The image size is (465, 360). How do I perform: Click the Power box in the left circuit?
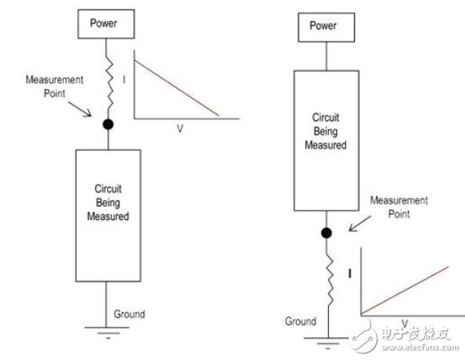[105, 24]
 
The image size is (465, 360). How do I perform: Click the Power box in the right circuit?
[323, 25]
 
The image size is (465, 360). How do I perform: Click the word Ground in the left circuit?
[130, 314]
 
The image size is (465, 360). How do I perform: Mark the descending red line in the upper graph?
[176, 86]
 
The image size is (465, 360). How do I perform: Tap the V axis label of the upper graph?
[179, 127]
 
